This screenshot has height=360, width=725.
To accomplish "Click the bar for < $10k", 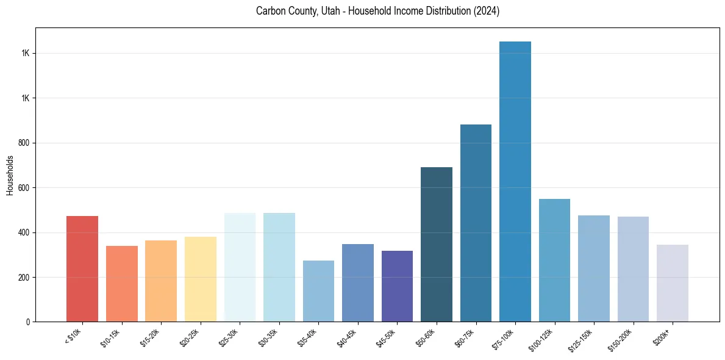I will (x=82, y=268).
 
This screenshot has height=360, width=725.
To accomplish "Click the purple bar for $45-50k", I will (x=397, y=286).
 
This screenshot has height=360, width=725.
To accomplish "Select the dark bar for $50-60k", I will (x=437, y=244).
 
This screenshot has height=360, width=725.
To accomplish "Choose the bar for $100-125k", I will (x=554, y=260).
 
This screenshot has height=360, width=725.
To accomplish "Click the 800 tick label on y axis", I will (x=24, y=143).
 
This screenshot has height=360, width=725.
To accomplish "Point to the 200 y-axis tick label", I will (x=24, y=277).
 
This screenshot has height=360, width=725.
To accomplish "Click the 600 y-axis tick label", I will (x=24, y=188).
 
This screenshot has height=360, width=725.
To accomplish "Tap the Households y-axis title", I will (x=10, y=175).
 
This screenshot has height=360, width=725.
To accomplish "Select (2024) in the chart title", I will (x=486, y=11).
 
